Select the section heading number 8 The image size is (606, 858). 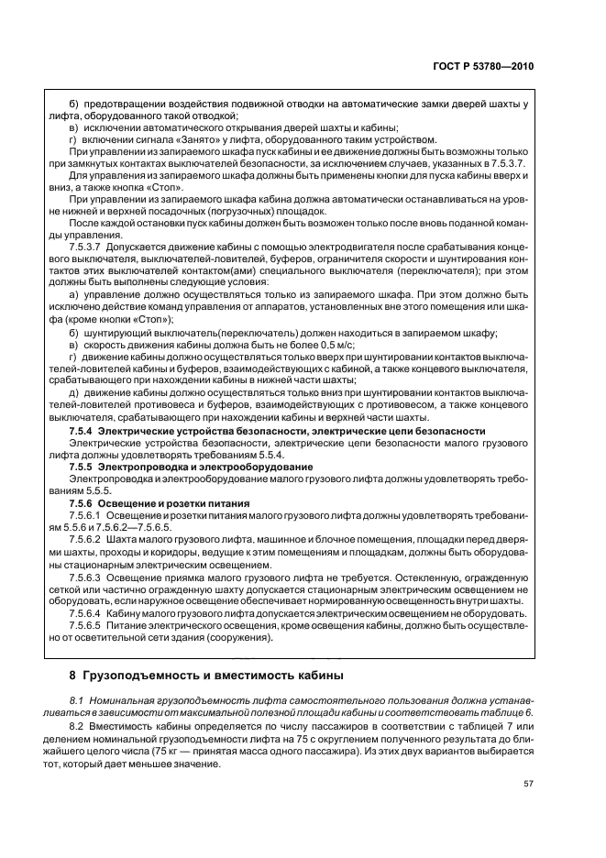click(74, 676)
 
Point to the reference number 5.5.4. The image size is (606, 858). click(270, 455)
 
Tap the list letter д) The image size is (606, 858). click(74, 391)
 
